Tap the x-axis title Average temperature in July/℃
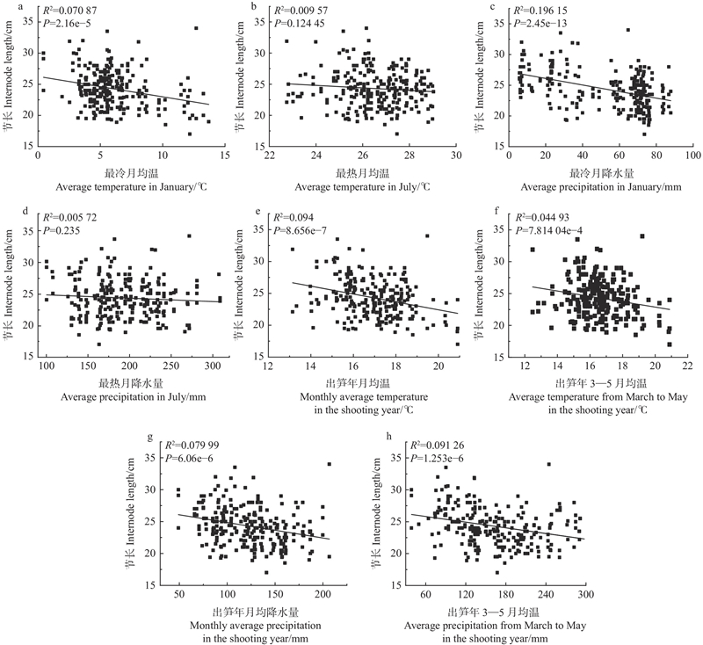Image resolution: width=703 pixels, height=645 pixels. coord(362,187)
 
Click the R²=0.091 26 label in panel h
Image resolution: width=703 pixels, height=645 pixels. coord(439,445)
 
